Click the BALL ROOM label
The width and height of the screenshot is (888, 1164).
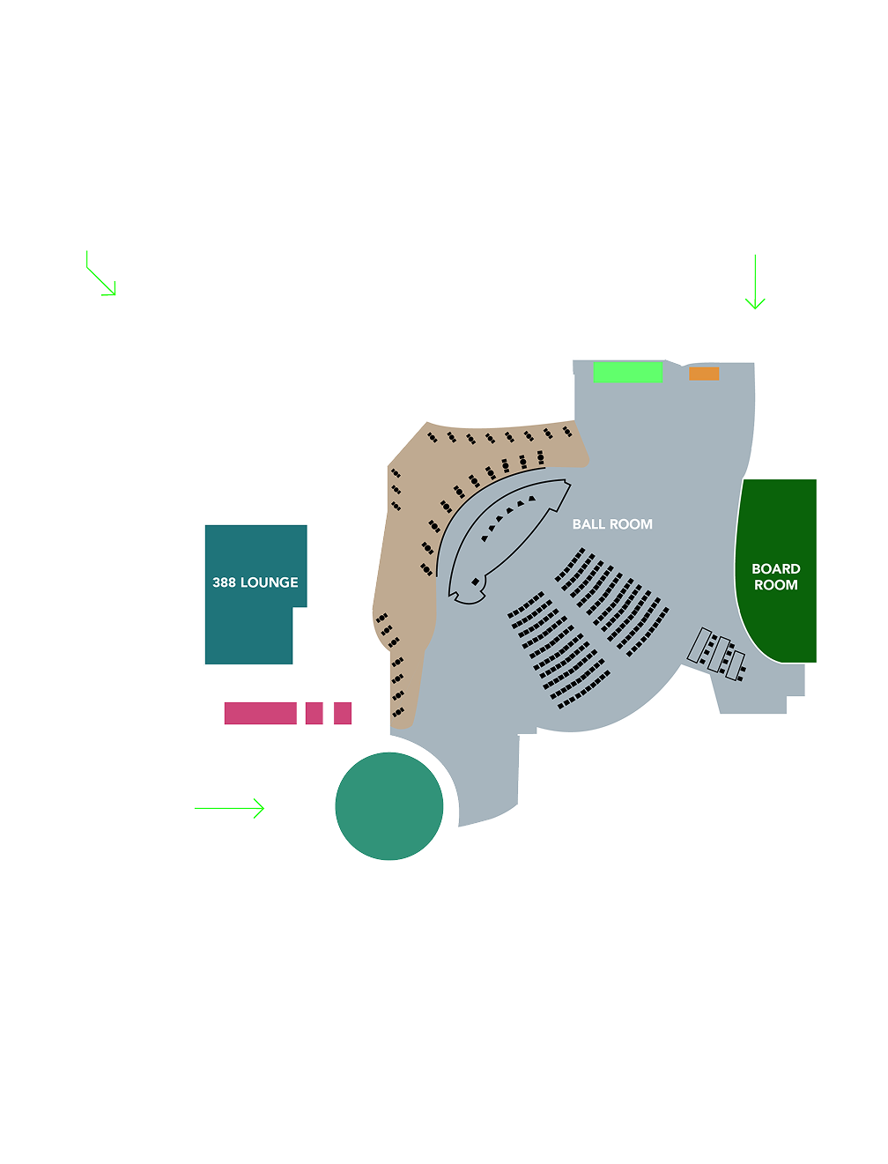click(611, 524)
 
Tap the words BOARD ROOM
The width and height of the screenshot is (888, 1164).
click(775, 576)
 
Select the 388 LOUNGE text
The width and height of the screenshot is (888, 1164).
click(255, 582)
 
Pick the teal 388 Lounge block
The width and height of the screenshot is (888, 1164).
click(249, 594)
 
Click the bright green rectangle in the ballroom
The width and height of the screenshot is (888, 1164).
click(628, 372)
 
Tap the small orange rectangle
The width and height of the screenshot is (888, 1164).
click(704, 374)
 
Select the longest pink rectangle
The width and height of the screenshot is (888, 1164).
click(260, 713)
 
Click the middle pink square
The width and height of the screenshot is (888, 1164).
click(314, 713)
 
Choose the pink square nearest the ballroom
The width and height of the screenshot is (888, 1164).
click(343, 713)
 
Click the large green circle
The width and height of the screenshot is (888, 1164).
click(389, 805)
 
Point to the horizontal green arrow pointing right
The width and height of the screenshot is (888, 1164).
click(229, 808)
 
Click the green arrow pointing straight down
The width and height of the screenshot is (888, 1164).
click(755, 282)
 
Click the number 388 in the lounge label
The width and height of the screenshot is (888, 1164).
click(224, 582)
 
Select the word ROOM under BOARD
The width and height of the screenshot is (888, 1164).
click(775, 584)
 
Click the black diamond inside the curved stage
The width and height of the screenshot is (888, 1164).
click(475, 582)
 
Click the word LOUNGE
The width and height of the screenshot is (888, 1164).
click(270, 582)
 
